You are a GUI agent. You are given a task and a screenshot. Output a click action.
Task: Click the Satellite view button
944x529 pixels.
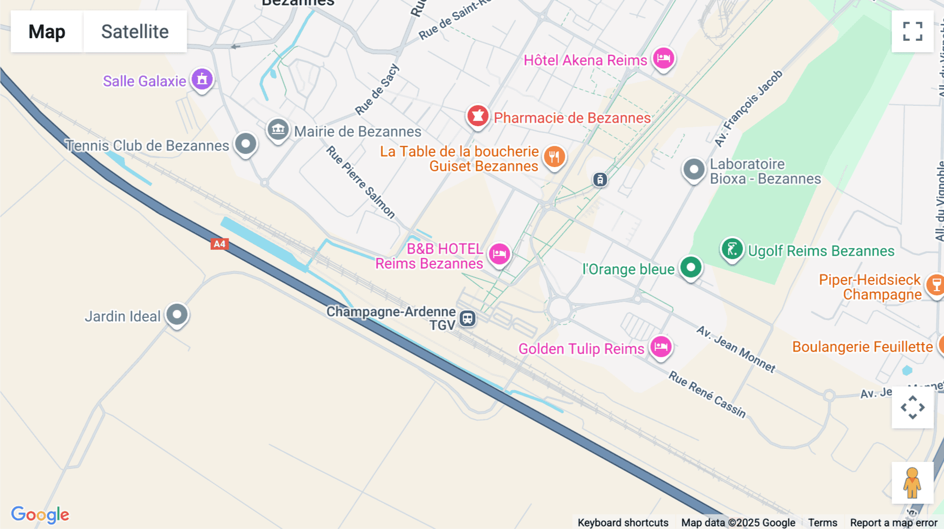(x=135, y=31)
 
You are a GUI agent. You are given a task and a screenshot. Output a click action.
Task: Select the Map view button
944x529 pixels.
(x=47, y=31)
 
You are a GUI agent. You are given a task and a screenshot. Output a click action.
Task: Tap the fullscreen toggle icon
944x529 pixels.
(x=913, y=31)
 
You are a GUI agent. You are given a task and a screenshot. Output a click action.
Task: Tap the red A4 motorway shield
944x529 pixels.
(x=219, y=244)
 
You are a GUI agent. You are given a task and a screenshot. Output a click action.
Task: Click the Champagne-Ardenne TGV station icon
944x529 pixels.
(x=467, y=318)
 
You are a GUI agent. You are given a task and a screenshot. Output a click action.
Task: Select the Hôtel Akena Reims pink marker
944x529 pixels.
(x=663, y=58)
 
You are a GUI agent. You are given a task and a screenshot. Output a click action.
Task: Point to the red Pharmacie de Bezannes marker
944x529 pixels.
(x=478, y=116)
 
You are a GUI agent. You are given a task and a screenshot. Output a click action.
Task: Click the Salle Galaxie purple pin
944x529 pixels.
(x=202, y=80)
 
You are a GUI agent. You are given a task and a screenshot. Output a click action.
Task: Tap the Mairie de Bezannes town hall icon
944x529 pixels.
(x=278, y=129)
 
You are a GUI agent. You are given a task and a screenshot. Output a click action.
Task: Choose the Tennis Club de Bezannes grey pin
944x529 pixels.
(x=245, y=144)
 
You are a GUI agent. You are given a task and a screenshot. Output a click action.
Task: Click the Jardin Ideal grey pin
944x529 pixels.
(x=177, y=314)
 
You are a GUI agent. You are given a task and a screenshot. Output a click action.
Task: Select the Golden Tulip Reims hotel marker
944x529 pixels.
(x=661, y=347)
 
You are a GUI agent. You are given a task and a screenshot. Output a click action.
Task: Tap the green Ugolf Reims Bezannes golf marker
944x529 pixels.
(x=732, y=249)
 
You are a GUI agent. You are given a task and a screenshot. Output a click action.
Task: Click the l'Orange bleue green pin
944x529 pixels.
(x=691, y=268)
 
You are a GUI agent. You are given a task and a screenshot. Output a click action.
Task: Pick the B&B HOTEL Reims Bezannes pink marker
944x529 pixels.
(x=499, y=254)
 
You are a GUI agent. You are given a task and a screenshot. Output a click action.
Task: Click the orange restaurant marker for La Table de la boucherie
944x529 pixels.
(x=554, y=156)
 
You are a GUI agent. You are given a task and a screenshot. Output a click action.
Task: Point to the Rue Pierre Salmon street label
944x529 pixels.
(x=361, y=182)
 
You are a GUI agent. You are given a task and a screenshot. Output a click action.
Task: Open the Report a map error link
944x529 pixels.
(x=894, y=523)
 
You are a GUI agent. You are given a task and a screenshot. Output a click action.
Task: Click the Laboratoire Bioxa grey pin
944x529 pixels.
(x=694, y=170)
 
